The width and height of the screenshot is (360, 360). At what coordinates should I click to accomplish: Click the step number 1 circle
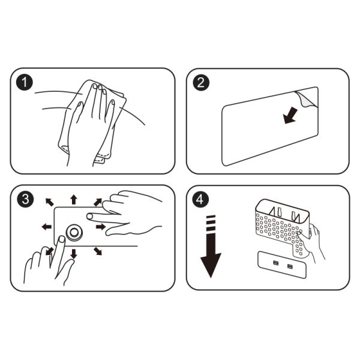click(25, 82)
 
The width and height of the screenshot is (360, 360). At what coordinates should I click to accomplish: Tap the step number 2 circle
click(201, 82)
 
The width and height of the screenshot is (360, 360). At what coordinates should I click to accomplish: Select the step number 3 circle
click(25, 199)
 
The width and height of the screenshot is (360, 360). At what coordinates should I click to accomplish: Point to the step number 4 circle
click(200, 199)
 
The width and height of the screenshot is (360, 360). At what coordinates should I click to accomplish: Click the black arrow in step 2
click(290, 116)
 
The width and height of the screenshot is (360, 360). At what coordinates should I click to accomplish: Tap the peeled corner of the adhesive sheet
click(304, 99)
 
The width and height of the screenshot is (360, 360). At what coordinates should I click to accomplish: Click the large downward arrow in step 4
click(211, 247)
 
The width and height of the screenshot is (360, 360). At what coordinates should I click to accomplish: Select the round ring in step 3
click(74, 232)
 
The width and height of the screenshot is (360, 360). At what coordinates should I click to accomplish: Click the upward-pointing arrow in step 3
click(73, 199)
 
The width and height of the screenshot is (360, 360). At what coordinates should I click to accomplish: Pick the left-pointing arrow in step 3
click(47, 227)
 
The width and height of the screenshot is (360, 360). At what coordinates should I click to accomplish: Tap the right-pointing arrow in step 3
click(101, 227)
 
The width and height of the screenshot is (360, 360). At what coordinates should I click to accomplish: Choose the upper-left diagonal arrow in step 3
click(50, 202)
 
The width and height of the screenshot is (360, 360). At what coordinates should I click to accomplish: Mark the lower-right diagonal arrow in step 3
click(98, 251)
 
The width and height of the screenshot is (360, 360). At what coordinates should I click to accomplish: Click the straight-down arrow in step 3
click(73, 254)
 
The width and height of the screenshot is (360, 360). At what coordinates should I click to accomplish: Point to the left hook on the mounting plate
click(276, 263)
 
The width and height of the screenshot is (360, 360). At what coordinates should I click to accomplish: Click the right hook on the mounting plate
click(290, 266)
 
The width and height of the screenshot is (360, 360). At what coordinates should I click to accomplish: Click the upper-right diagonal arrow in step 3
click(98, 202)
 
